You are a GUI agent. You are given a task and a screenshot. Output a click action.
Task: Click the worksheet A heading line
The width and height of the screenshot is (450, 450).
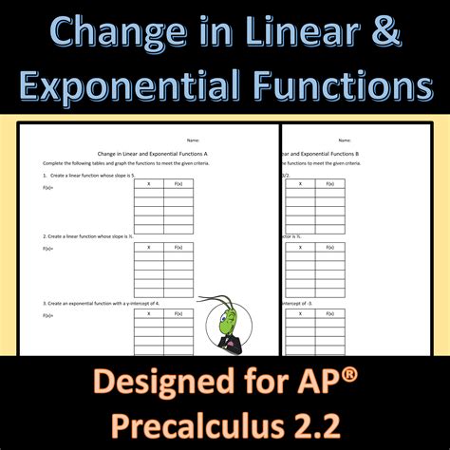coord(153,153)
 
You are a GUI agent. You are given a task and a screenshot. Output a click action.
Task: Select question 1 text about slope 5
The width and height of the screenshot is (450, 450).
coord(90,177)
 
